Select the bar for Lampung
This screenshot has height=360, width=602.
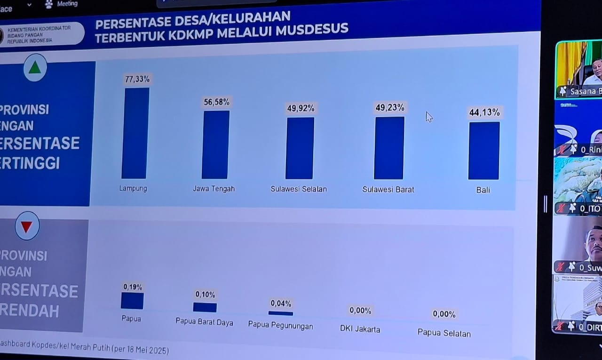click(135, 133)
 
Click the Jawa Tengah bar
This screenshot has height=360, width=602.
click(215, 144)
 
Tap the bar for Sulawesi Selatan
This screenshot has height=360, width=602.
click(300, 148)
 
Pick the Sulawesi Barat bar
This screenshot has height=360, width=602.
click(389, 148)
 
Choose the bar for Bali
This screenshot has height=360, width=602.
click(484, 151)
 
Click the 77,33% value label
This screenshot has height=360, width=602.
click(137, 79)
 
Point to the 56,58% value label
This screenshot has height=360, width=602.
click(216, 102)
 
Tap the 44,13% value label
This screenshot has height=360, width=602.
click(484, 112)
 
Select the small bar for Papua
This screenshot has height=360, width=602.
click(132, 301)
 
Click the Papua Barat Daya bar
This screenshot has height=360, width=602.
click(205, 307)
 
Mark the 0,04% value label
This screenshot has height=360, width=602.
click(281, 304)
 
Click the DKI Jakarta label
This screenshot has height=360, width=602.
click(360, 329)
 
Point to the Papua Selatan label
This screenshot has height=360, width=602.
click(444, 333)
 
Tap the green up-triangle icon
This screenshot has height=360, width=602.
click(35, 68)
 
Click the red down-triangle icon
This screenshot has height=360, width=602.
click(27, 226)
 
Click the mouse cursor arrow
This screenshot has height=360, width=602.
click(428, 116)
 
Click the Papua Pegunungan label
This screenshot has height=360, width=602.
click(280, 325)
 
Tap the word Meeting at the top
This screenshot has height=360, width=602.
click(67, 4)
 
